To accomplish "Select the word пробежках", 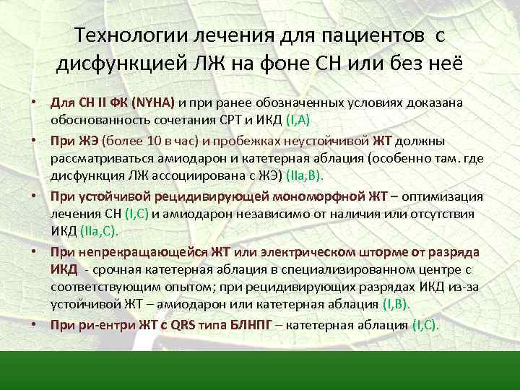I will [x=237, y=141].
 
